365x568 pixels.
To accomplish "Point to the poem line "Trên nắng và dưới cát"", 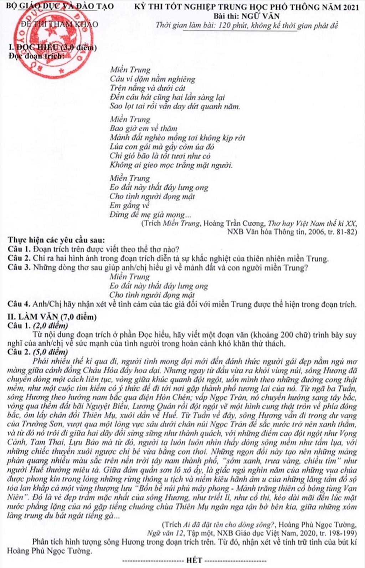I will (x=148, y=88).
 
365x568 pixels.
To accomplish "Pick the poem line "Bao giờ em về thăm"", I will (x=143, y=128).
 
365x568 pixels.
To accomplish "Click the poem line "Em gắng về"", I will (x=129, y=205).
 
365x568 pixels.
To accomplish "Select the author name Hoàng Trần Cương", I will (x=234, y=224).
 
